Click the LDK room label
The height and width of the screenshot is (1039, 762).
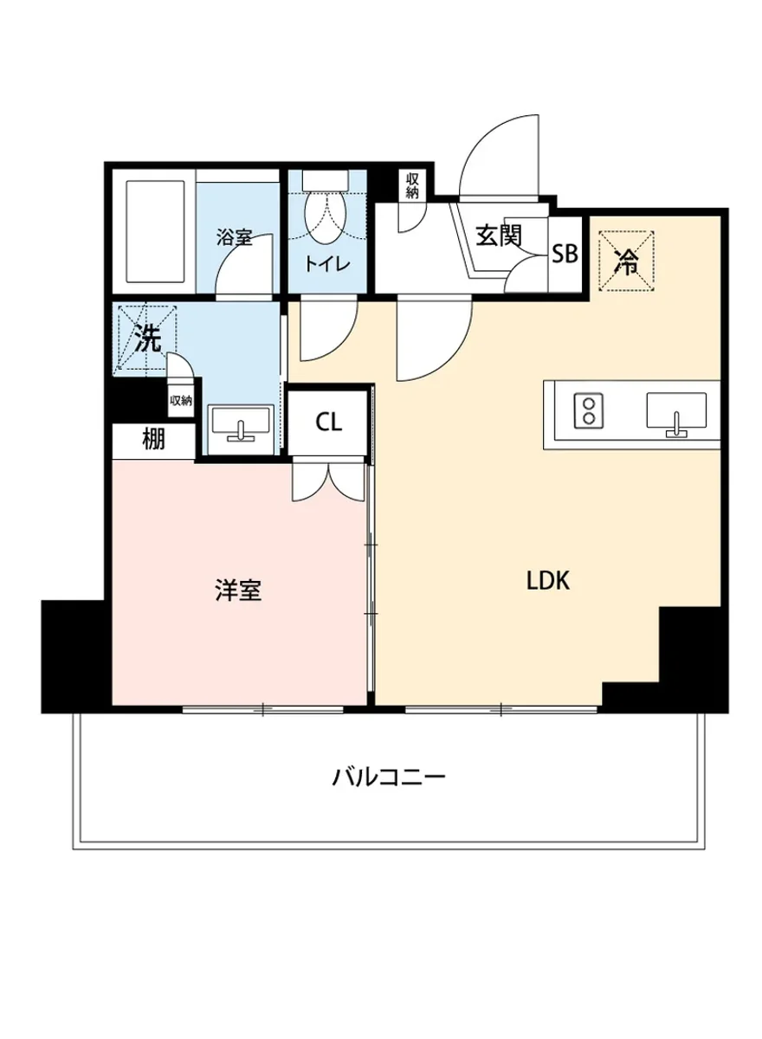[x=547, y=581]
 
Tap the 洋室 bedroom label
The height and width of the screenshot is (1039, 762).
[x=238, y=591]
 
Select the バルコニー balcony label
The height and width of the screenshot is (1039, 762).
[x=389, y=775]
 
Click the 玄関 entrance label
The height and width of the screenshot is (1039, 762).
[x=496, y=234]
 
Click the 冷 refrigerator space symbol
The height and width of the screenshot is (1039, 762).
[x=625, y=261]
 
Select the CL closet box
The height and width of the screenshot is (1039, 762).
[x=328, y=423]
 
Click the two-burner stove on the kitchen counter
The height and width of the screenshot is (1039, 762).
[x=589, y=411]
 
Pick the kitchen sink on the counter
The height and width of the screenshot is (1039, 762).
[x=676, y=411]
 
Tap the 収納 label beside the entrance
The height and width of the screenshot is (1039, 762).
[x=410, y=185]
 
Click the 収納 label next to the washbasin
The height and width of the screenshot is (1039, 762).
[x=180, y=401]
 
